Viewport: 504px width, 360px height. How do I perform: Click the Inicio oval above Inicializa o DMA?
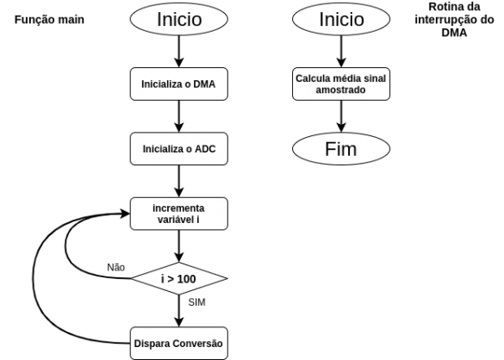(178, 19)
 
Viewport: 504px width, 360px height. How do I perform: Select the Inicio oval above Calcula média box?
(341, 19)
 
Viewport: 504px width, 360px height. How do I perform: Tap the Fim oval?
(341, 148)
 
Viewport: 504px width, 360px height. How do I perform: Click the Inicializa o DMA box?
(178, 84)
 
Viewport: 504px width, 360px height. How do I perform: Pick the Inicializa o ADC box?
(178, 149)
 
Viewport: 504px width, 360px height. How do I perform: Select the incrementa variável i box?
(178, 214)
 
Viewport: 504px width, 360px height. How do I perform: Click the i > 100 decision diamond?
(178, 278)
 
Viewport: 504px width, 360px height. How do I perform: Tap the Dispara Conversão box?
(178, 343)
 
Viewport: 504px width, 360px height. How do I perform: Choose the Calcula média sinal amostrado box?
(341, 84)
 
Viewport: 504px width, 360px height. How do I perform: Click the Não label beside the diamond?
(115, 265)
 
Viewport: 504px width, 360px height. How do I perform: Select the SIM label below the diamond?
(196, 303)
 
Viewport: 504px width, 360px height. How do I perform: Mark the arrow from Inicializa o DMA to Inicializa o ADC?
(178, 116)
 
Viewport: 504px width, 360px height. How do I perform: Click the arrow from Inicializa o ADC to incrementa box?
(178, 181)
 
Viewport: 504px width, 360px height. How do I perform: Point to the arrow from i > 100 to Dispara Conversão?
(178, 310)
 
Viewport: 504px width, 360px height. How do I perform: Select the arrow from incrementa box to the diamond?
(178, 245)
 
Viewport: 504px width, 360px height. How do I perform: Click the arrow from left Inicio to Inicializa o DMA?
(178, 52)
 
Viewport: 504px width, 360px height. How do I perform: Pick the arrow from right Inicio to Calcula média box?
(341, 52)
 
